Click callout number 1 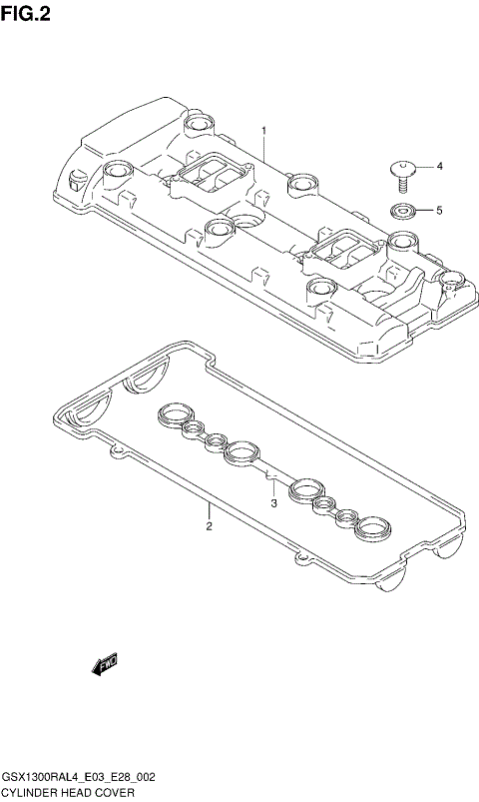point(264,131)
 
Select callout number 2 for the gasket point(209,526)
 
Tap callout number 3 point(272,503)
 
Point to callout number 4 point(438,166)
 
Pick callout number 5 point(438,211)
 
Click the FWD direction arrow point(104,664)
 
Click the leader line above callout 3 point(272,486)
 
